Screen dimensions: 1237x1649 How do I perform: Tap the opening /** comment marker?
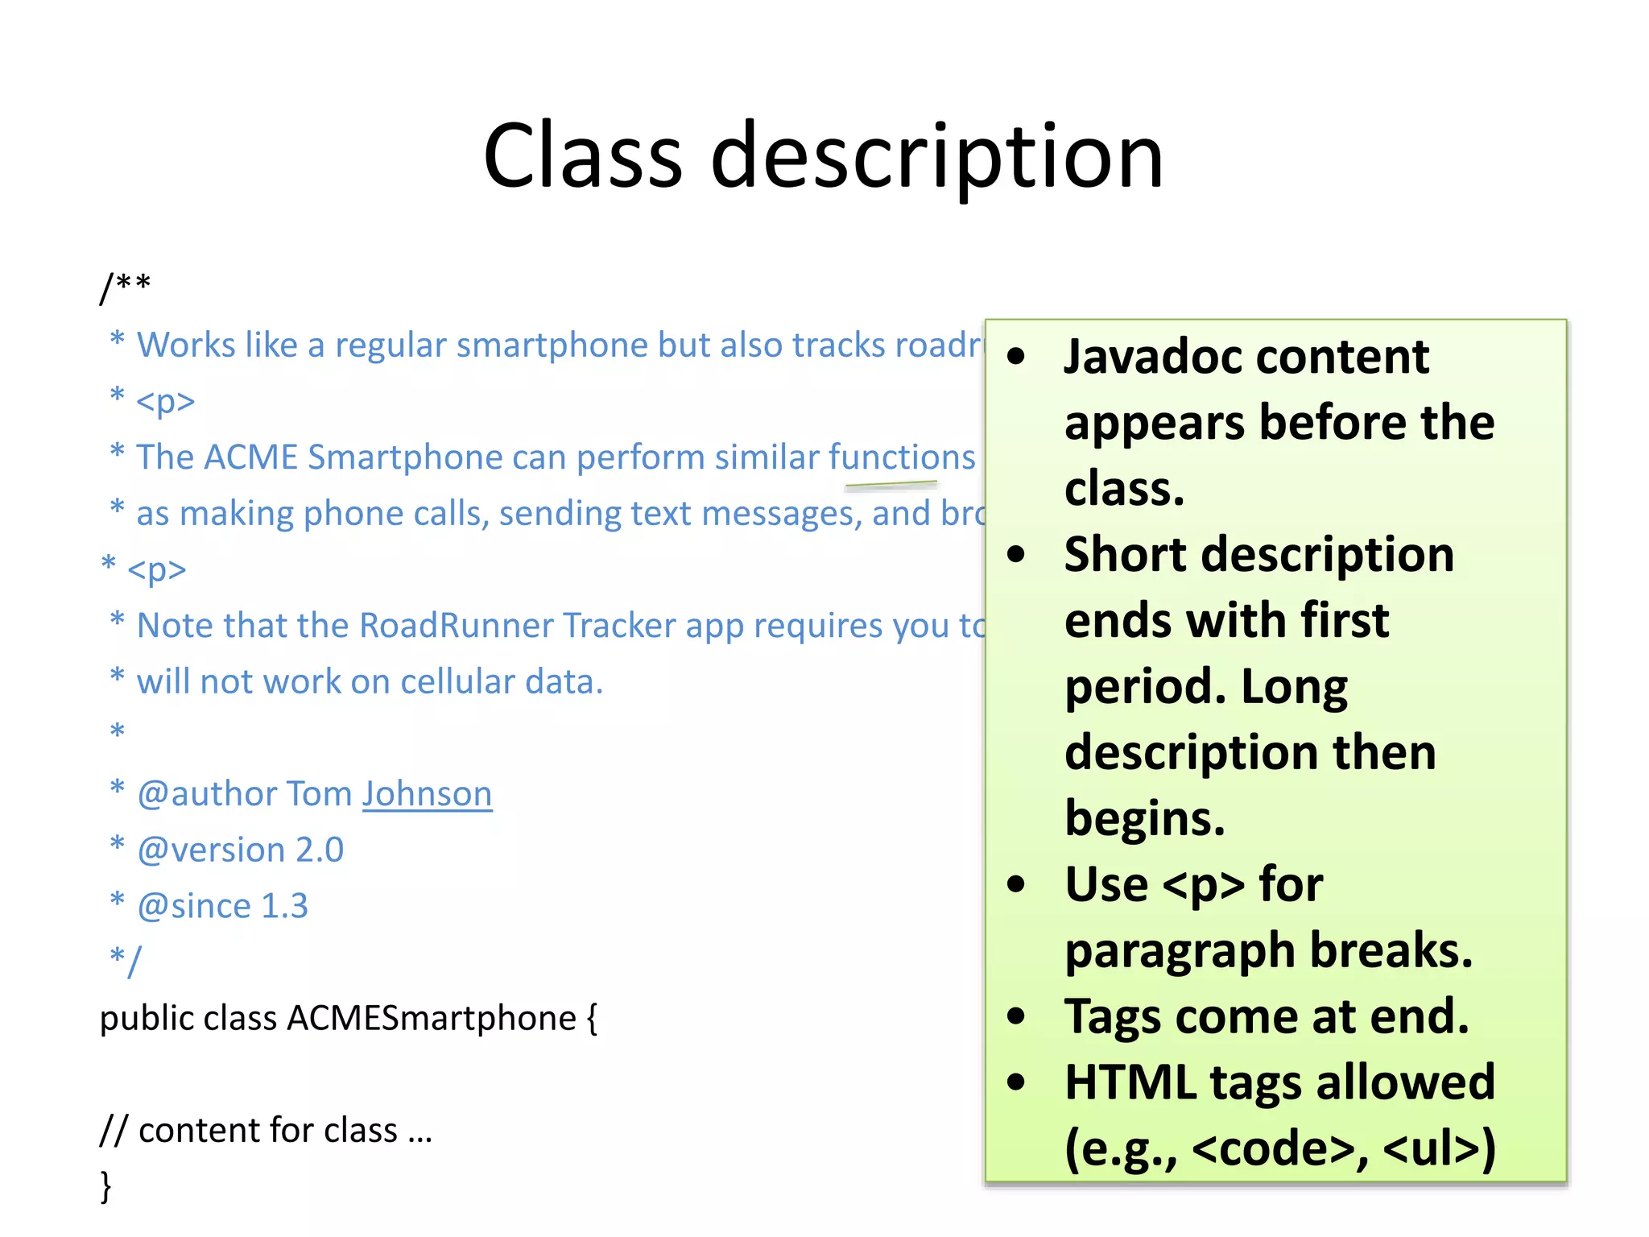125,287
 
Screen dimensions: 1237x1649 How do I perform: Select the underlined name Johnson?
427,794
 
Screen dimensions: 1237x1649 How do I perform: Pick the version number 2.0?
320,850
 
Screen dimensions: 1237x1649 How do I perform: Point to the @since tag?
194,906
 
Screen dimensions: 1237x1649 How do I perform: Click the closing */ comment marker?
126,960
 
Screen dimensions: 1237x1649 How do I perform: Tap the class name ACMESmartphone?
432,1019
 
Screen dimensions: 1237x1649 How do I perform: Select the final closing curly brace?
105,1186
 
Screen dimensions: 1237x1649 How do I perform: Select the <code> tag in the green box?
1273,1148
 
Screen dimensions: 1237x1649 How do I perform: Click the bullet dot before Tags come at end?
1016,1016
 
